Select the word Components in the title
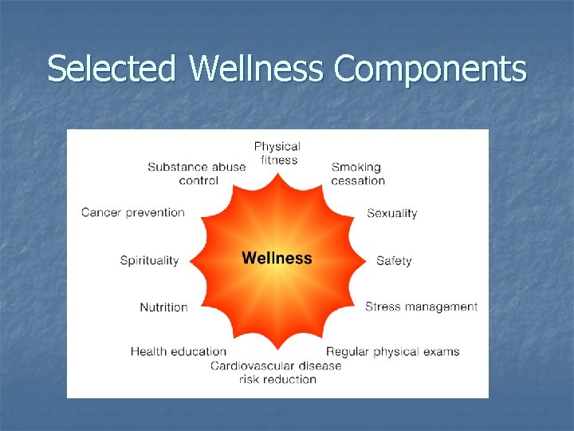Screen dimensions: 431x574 [431, 69]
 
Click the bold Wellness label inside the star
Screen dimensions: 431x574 [277, 258]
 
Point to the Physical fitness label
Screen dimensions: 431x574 [277, 153]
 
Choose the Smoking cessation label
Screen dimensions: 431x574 [357, 173]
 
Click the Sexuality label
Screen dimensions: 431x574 [391, 213]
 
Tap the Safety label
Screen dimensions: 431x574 [394, 261]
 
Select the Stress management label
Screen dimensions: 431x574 [421, 306]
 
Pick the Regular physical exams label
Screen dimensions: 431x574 [392, 351]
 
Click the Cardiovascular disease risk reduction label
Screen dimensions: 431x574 [276, 372]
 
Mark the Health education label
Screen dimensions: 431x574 [179, 351]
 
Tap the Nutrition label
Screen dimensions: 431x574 [163, 307]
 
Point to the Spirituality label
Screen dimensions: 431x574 [149, 261]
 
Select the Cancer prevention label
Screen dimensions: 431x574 [132, 212]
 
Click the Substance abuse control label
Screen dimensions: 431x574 [197, 173]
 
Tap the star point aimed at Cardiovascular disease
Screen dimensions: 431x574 [277, 348]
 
